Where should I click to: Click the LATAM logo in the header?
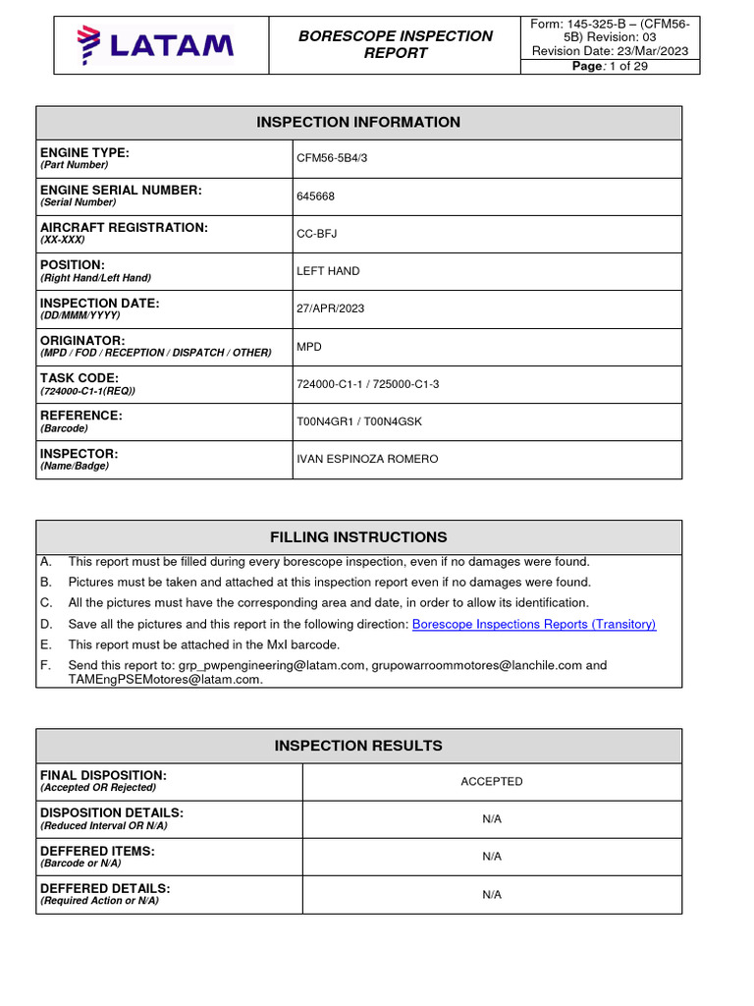tap(155, 44)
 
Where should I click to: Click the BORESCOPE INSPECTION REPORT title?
tap(396, 44)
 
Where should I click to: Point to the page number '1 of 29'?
tap(610, 66)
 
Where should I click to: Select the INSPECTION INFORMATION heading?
tap(358, 123)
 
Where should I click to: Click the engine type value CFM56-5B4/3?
tap(332, 158)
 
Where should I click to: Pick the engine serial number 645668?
tap(315, 196)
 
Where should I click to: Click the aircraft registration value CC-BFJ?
tap(317, 234)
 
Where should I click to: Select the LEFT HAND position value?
tap(328, 271)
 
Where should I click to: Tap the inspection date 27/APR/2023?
tap(330, 308)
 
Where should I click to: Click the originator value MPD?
tap(308, 347)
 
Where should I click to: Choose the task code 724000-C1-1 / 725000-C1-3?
tap(367, 384)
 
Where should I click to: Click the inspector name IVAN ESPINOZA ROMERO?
tap(367, 459)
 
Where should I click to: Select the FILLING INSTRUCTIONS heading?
tap(358, 537)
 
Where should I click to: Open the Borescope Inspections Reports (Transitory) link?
tap(534, 624)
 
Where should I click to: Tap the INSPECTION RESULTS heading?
tap(358, 746)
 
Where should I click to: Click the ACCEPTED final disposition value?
tap(492, 782)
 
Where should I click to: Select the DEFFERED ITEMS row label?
tap(97, 851)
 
